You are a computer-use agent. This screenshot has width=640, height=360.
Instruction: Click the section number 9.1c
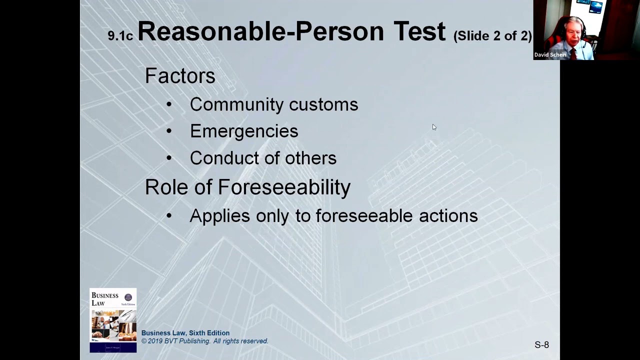click(120, 36)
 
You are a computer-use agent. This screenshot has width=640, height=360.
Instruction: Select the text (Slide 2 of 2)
click(492, 36)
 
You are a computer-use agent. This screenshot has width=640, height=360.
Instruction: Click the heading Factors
click(180, 76)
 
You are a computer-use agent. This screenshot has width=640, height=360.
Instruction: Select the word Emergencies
click(244, 131)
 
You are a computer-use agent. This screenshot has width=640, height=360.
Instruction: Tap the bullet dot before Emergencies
click(169, 131)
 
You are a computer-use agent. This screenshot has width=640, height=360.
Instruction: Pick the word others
click(310, 158)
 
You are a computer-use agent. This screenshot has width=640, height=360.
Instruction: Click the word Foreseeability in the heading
click(284, 187)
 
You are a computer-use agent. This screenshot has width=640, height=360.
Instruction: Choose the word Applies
click(219, 216)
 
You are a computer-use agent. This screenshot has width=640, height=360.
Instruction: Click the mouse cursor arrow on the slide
click(434, 127)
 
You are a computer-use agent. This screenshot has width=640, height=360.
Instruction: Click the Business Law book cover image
click(113, 320)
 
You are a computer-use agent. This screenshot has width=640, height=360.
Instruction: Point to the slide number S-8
click(541, 345)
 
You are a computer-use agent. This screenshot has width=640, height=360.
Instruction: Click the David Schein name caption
click(550, 55)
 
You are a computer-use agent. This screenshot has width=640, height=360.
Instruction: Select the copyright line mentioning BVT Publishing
click(205, 341)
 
